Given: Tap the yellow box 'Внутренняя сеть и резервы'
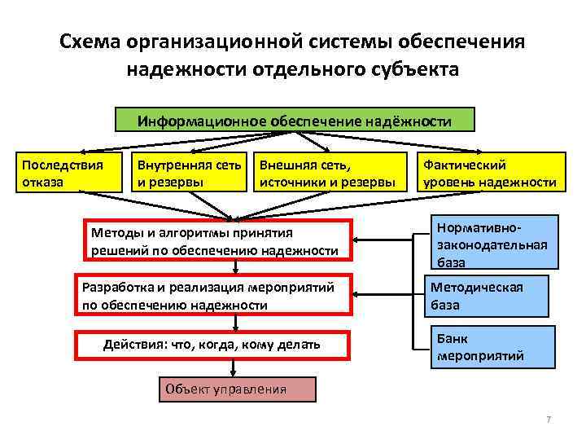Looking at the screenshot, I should (x=189, y=173).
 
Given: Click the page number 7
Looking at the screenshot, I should (x=549, y=419).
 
